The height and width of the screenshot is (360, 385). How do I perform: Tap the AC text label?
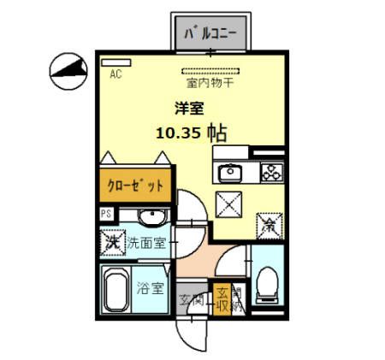coord(116,74)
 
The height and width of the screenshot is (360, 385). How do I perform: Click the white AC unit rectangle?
coord(117,62)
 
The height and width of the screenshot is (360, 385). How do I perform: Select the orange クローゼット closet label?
coord(135,185)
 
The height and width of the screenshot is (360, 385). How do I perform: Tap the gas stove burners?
coord(271,174)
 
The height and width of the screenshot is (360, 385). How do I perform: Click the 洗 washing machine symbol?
coord(112,241)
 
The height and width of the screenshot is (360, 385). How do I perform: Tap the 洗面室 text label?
coord(147,243)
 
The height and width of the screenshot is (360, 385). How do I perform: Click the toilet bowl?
coord(266,280)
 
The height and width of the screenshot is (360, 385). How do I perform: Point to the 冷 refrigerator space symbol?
coord(266,225)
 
